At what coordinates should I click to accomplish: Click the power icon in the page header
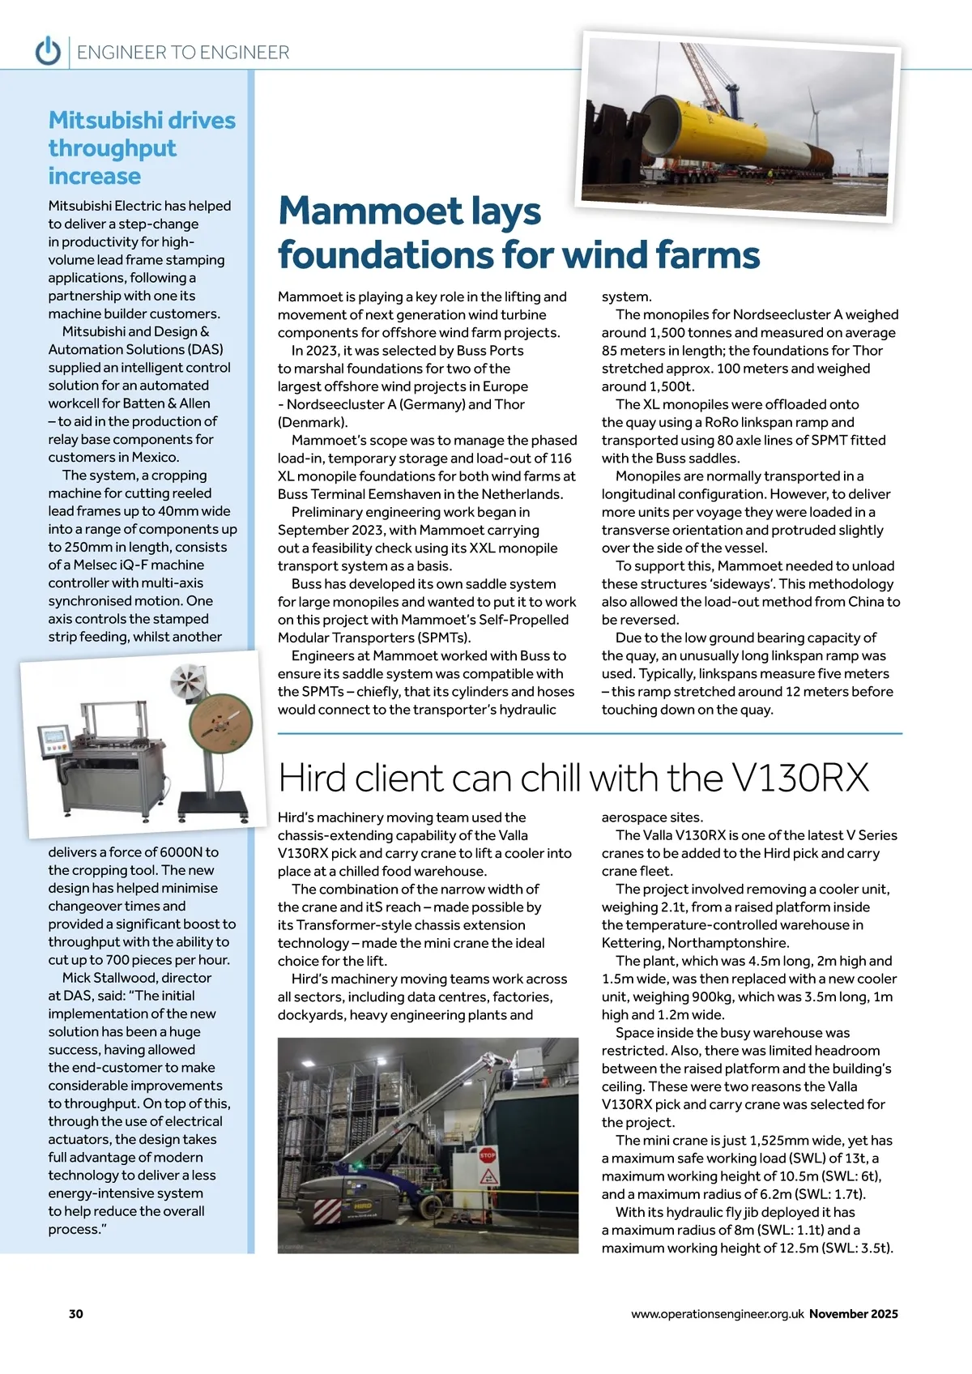48,52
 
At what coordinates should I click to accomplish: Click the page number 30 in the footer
75,1313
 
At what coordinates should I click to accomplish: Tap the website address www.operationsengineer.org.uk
717,1314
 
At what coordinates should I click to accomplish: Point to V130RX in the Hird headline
799,779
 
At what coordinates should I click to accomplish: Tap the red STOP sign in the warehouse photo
488,1154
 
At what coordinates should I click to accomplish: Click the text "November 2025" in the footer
853,1314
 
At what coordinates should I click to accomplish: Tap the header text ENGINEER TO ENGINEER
183,53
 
